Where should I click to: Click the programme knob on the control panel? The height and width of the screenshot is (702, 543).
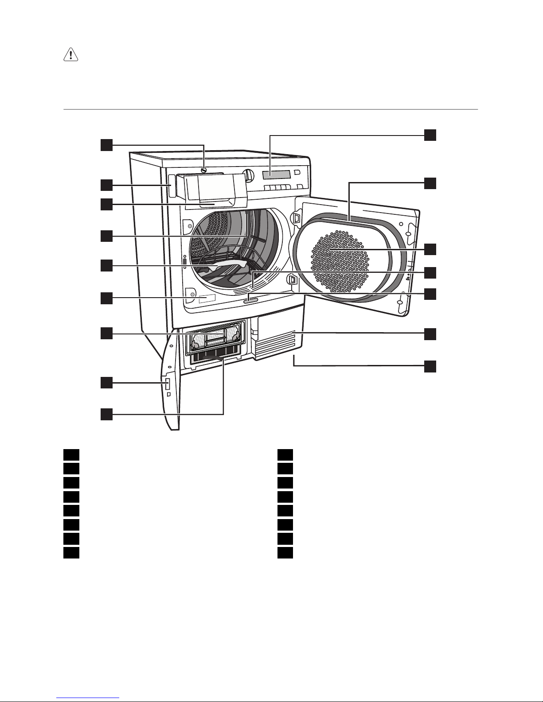point(248,175)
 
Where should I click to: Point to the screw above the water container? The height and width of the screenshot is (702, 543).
point(203,170)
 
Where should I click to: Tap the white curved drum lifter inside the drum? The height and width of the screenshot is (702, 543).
point(222,264)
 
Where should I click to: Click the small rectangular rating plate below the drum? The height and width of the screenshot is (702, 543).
point(207,299)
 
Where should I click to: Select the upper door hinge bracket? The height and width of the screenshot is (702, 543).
point(295,217)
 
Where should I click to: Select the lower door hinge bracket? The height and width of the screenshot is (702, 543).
point(293,280)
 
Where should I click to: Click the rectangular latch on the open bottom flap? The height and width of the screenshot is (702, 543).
point(168,384)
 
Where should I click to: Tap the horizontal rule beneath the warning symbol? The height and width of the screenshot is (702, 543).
point(270,109)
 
